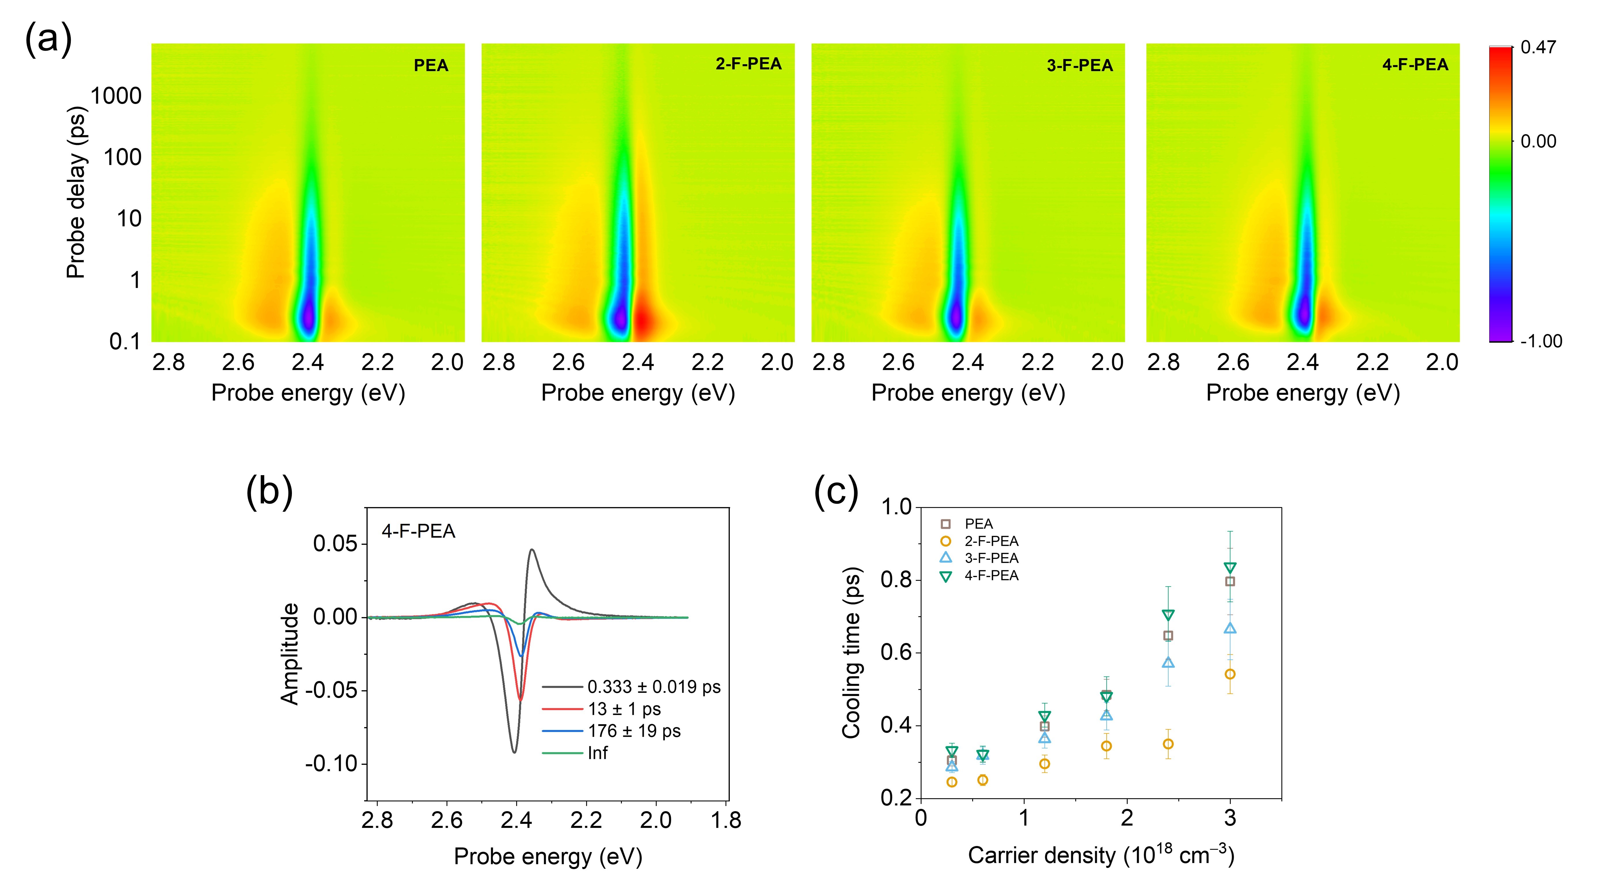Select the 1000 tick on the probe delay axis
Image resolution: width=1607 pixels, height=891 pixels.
[x=116, y=96]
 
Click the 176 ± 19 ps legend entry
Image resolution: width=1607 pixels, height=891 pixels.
[x=634, y=731]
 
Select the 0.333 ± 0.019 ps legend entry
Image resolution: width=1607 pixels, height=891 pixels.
[x=654, y=687]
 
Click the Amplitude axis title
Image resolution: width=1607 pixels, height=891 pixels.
[x=290, y=654]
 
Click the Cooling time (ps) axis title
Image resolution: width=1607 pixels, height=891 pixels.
[x=852, y=653]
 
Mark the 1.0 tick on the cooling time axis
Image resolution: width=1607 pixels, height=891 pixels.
[x=896, y=507]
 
